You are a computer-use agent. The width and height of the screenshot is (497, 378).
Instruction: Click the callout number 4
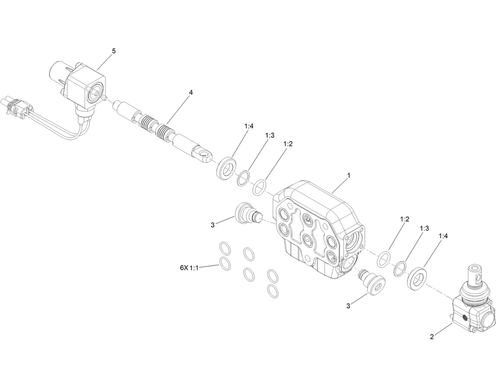click(x=191, y=93)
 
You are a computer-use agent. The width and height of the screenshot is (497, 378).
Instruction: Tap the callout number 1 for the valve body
click(x=349, y=176)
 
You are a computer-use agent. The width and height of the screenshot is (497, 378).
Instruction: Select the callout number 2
click(x=431, y=337)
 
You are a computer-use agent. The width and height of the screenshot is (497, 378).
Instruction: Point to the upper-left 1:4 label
click(x=248, y=126)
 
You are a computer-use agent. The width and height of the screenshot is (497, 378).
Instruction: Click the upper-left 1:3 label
click(x=270, y=135)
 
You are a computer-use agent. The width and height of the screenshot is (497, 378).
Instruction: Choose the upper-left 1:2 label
click(x=288, y=144)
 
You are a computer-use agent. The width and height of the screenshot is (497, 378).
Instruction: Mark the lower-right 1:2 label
click(x=404, y=219)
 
